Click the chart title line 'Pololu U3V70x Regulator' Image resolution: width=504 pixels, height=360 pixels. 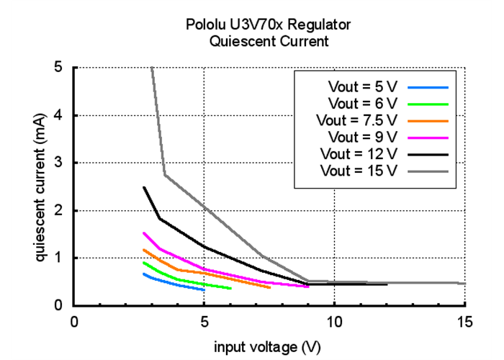(269, 25)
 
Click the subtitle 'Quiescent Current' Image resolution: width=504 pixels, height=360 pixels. (269, 41)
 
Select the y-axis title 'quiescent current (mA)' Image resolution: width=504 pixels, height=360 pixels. (40, 186)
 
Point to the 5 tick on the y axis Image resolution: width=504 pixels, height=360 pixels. (58, 68)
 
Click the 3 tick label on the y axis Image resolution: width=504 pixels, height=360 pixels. (58, 163)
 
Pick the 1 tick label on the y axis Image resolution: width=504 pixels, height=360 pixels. (58, 258)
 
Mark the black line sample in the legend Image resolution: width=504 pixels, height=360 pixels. (428, 153)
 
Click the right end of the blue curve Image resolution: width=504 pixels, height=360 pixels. (204, 289)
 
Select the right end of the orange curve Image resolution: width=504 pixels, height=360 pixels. (269, 287)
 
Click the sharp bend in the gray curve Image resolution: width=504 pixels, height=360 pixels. (165, 174)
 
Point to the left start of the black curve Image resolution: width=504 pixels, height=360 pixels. (144, 187)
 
